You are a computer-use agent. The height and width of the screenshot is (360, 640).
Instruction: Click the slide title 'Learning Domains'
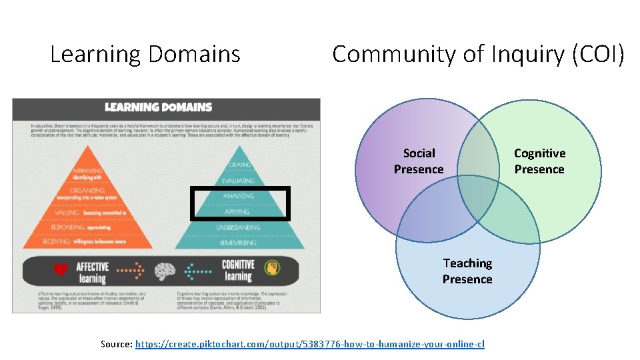[x=145, y=54]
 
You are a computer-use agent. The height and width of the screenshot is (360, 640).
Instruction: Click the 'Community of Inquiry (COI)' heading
[x=478, y=54]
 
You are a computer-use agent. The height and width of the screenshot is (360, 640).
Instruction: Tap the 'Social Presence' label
[x=419, y=161]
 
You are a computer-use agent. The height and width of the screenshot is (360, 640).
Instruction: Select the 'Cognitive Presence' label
[x=539, y=161]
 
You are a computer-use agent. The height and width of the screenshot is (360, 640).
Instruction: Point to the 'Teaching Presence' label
[x=467, y=271]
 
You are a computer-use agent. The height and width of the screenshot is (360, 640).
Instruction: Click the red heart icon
[x=61, y=270]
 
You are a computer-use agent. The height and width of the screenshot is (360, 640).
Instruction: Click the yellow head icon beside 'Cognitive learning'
[x=270, y=267]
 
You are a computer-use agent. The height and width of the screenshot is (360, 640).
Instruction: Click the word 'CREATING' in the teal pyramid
[x=239, y=165]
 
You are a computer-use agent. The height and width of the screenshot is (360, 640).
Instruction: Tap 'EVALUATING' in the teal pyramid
[x=239, y=181]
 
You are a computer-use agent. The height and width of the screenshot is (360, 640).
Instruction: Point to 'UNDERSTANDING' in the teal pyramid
[x=239, y=228]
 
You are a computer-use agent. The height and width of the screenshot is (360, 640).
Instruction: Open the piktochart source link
[x=309, y=344]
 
